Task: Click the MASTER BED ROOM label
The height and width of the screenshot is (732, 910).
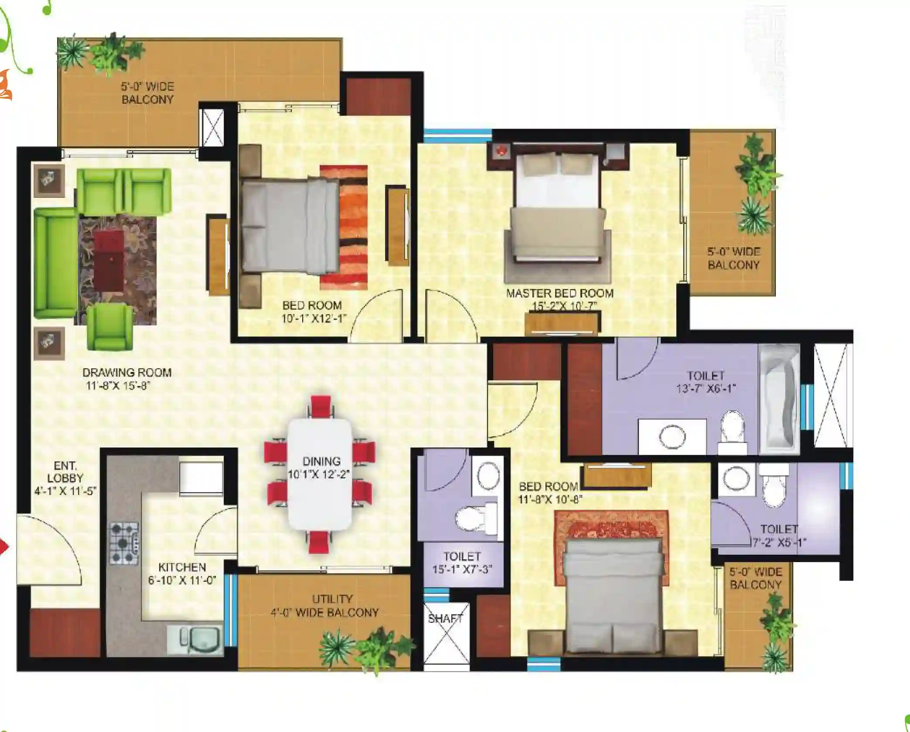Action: [x=560, y=293]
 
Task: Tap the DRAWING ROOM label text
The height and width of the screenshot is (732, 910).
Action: [x=127, y=373]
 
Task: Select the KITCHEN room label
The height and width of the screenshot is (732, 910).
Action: [x=182, y=567]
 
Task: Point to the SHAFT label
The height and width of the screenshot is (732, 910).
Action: [x=445, y=619]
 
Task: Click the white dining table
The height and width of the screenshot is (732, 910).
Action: [x=320, y=474]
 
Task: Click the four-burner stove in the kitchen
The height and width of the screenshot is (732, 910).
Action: [x=124, y=543]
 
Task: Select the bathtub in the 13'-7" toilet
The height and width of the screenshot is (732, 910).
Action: [x=779, y=399]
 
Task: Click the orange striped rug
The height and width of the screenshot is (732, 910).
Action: [x=344, y=227]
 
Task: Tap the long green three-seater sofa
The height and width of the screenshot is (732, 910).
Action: [x=56, y=263]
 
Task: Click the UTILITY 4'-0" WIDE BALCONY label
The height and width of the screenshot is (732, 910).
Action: [x=325, y=606]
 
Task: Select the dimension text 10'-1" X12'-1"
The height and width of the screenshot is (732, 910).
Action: [x=314, y=319]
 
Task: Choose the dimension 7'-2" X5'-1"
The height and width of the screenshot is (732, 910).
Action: [x=779, y=542]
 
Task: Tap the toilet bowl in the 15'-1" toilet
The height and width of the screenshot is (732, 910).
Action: [x=476, y=517]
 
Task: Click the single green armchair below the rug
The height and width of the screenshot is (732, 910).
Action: [x=110, y=327]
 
